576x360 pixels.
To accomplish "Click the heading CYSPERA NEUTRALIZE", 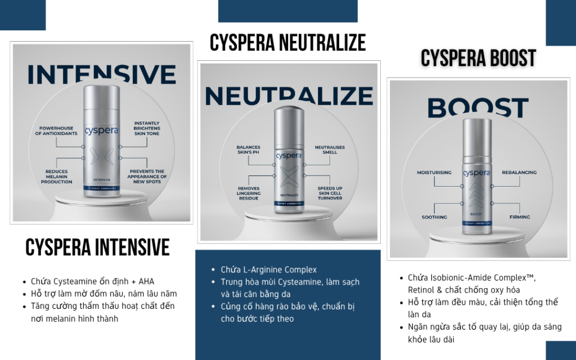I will (x=287, y=43).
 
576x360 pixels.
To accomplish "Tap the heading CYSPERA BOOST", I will (x=478, y=58).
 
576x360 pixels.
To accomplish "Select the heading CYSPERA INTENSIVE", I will (x=97, y=247).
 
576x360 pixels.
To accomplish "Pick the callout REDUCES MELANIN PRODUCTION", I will (x=56, y=177).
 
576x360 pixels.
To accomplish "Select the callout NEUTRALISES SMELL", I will (x=330, y=150).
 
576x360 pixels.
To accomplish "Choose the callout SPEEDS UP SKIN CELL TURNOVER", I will (x=330, y=193).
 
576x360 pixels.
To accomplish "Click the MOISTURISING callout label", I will (x=434, y=173).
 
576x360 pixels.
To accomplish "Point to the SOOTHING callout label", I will (x=434, y=217).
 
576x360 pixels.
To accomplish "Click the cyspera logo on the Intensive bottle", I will (x=102, y=129).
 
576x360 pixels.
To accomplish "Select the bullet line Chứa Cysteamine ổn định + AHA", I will (x=92, y=281).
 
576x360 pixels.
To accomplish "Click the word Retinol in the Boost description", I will (x=424, y=290).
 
